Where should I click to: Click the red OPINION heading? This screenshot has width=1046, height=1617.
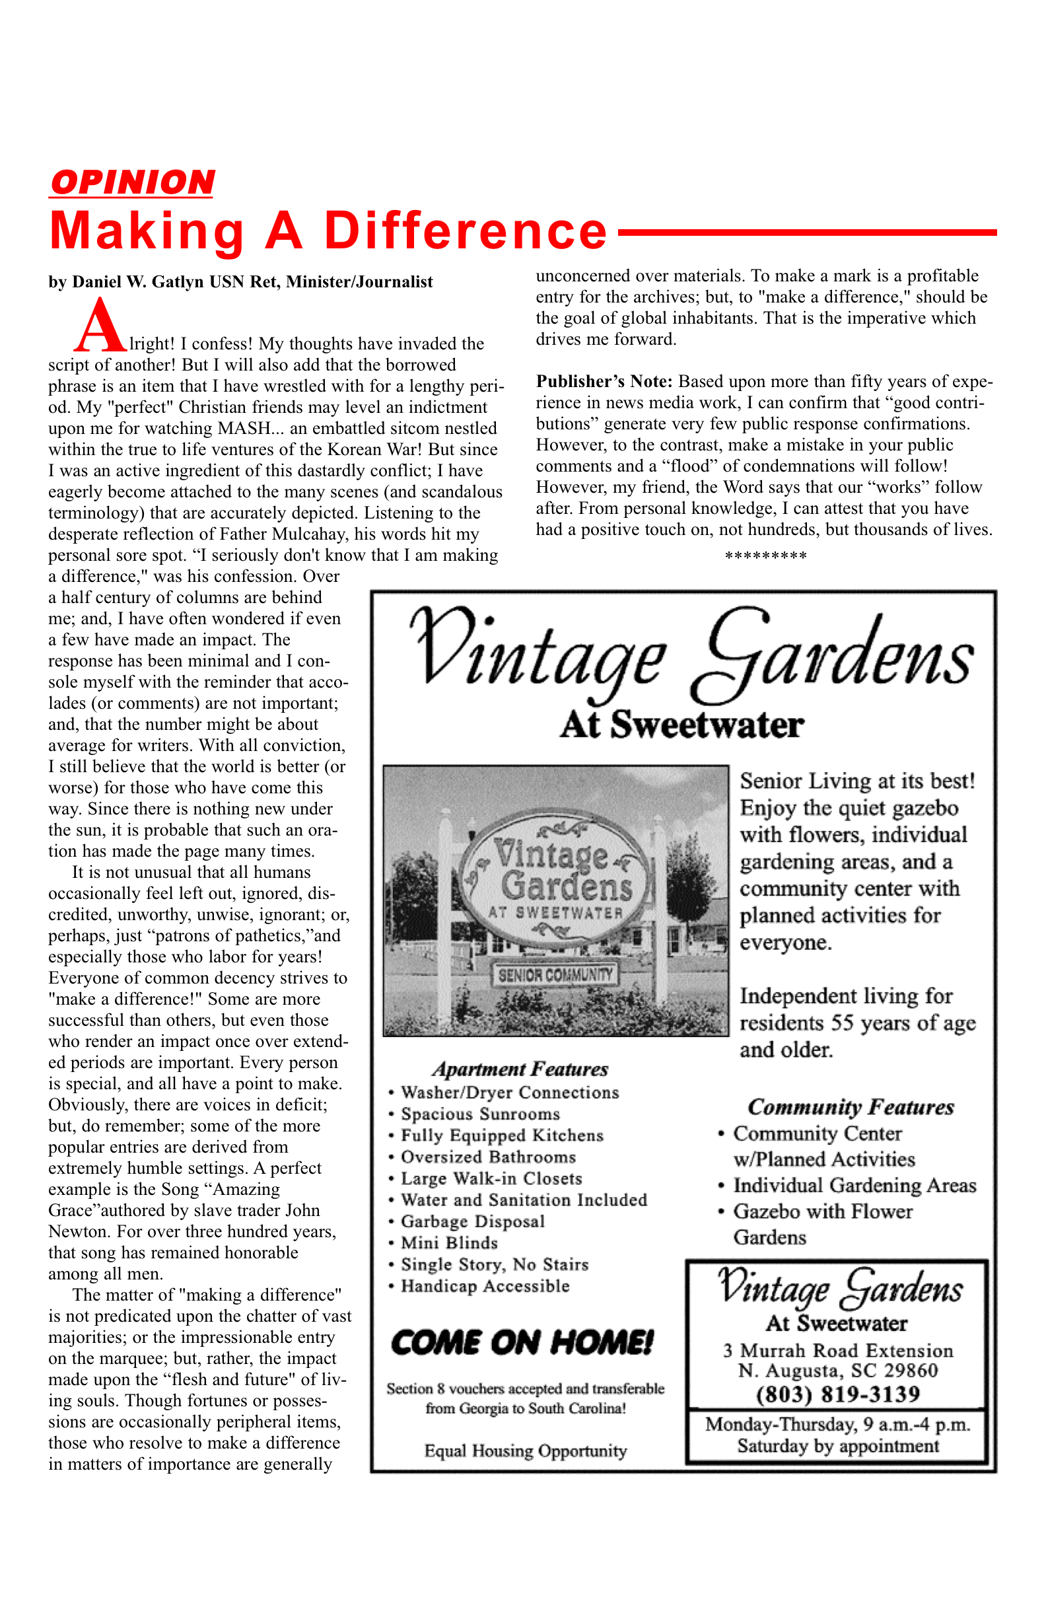point(132,183)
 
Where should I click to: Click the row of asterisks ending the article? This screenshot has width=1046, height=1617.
point(765,556)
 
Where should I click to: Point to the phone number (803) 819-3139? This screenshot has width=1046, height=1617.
point(837,1395)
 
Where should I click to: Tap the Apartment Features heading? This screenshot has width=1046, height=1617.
point(520,1069)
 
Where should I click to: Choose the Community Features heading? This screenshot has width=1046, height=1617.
point(851,1108)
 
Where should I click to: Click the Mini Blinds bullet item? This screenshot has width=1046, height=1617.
point(449,1242)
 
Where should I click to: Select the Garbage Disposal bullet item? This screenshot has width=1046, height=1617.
point(473,1221)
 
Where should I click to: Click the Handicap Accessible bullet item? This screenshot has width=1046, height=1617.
point(485,1286)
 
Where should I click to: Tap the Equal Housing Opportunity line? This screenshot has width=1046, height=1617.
point(525,1451)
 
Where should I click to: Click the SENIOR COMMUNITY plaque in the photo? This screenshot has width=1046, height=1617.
point(556,976)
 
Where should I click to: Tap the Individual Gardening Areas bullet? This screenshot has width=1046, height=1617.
point(854,1186)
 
